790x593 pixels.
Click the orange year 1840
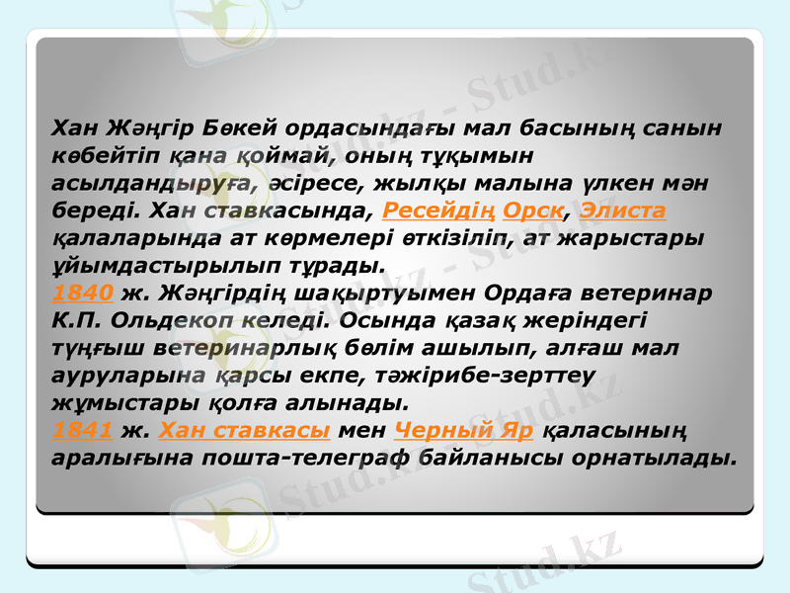(x=84, y=294)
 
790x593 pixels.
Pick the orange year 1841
(x=84, y=432)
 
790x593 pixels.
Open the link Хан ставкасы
(x=243, y=432)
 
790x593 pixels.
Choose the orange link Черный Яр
(x=464, y=432)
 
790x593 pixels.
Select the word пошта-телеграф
(x=323, y=460)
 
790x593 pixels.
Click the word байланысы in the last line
(x=499, y=460)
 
